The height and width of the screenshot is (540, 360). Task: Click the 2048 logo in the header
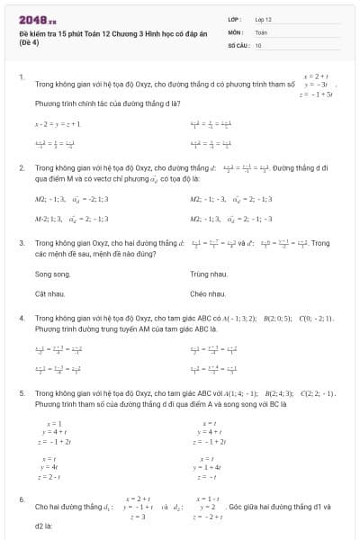tap(37, 19)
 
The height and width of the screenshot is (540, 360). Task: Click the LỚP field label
tap(234, 18)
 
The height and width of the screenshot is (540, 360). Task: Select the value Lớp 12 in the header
tap(264, 18)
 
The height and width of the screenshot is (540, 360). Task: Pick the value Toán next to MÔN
tap(261, 31)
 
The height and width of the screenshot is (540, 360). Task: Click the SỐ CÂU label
tap(238, 43)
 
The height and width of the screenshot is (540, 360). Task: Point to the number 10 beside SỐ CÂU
tap(258, 43)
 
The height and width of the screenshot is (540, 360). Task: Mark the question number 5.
tap(21, 393)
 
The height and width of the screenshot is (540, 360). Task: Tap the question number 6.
tap(21, 499)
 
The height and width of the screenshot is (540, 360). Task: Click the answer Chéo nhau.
tap(208, 293)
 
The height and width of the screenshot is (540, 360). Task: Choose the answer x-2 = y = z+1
tap(58, 124)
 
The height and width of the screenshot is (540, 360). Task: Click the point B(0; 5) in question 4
tap(275, 319)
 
